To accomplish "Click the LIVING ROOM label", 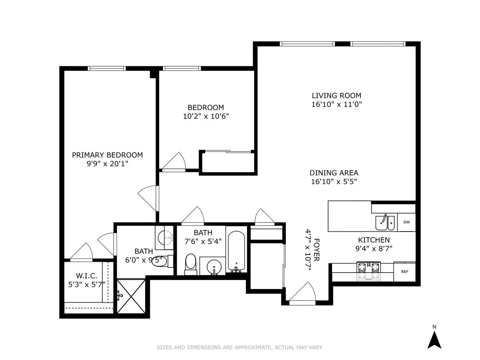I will (x=336, y=96).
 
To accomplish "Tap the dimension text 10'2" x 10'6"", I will (x=206, y=116).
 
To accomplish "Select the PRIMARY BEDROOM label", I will (x=107, y=155).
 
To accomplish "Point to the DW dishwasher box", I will (x=406, y=222).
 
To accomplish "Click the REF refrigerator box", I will (x=404, y=272).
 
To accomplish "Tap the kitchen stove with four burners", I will (x=368, y=271).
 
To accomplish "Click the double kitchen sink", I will (x=385, y=223).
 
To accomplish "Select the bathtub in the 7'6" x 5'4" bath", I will (x=237, y=251).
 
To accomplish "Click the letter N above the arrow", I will (x=434, y=327).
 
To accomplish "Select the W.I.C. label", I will (x=86, y=276).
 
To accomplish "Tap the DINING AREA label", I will (x=334, y=173).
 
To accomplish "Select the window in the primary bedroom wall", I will (x=107, y=68).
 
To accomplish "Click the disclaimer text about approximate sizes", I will (x=239, y=347).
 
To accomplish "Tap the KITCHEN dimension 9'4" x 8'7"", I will (x=373, y=248).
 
